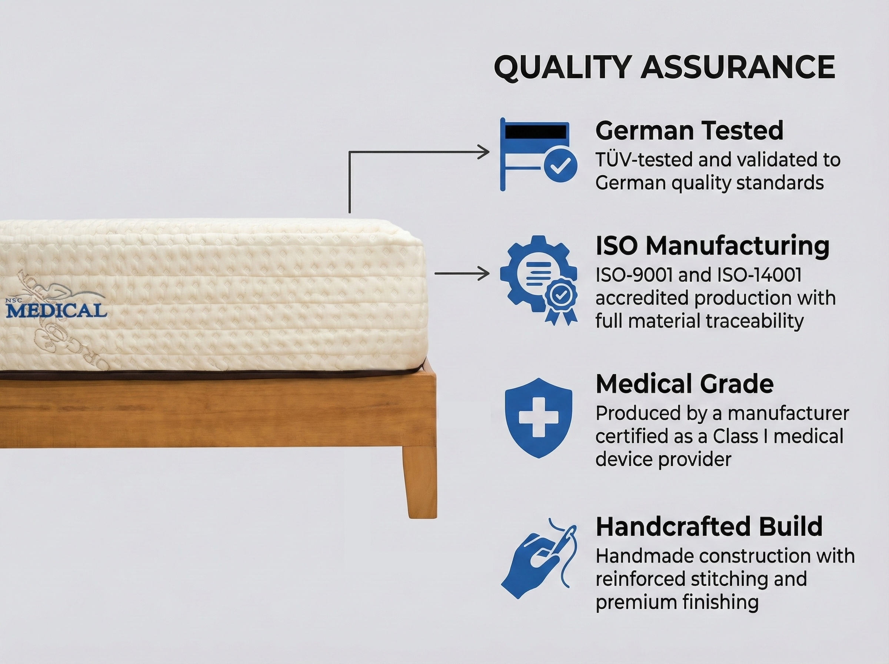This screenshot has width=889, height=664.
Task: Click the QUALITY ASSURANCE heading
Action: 664,67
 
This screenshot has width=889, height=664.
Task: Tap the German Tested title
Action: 689,131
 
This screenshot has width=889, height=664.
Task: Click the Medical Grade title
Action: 684,384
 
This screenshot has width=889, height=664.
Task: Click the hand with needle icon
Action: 538,560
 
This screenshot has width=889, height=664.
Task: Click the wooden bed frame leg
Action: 420,482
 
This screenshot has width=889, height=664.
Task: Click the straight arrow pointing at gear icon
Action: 462,274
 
